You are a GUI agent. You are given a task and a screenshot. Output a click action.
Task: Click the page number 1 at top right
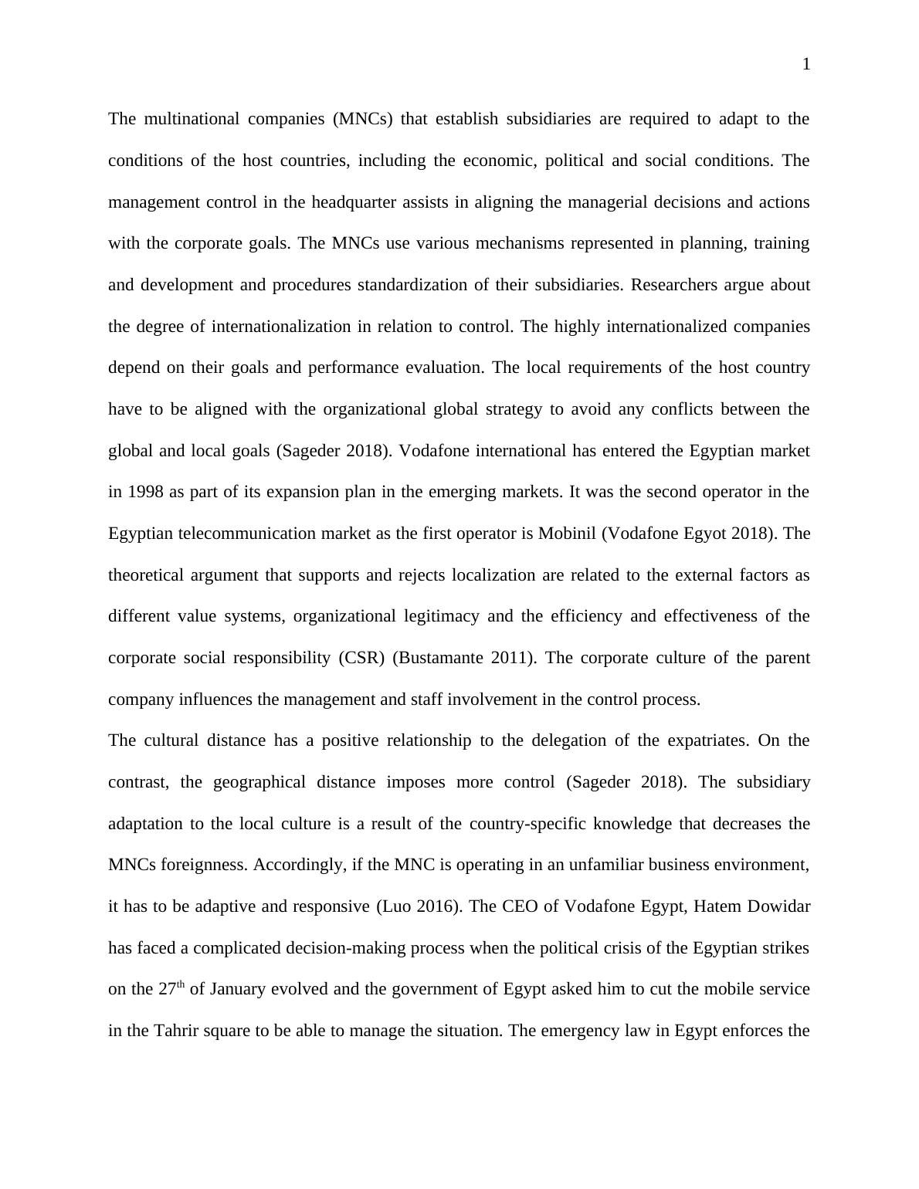pos(806,65)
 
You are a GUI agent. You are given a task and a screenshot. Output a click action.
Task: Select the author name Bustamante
pos(441,658)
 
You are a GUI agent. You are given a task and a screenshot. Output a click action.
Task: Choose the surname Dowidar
pos(779,906)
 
